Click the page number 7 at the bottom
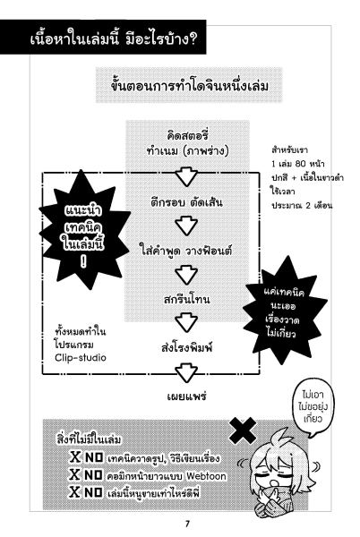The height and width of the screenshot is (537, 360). (x=187, y=524)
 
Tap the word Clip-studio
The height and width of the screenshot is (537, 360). (x=81, y=357)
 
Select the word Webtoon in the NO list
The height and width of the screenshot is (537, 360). (x=206, y=476)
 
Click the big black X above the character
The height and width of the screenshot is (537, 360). (x=243, y=430)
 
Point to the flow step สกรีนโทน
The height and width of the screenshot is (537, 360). (x=186, y=299)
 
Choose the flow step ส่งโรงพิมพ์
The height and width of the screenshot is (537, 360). (x=186, y=347)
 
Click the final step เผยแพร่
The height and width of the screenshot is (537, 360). (x=186, y=396)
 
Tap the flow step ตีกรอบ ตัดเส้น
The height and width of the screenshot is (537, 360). (x=186, y=201)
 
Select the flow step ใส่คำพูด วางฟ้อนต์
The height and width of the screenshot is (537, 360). (x=186, y=250)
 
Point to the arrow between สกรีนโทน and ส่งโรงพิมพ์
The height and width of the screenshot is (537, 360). (x=186, y=322)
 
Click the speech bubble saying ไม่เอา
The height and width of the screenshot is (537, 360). (x=313, y=407)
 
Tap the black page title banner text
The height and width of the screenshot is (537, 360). (x=113, y=38)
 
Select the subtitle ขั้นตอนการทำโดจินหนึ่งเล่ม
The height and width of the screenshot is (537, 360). (x=189, y=86)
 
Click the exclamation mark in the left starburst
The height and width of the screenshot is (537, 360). (x=83, y=261)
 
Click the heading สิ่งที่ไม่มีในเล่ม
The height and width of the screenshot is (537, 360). (x=89, y=439)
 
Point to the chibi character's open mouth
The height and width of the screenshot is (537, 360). (x=273, y=482)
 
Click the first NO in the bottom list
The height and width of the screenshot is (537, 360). (x=94, y=457)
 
